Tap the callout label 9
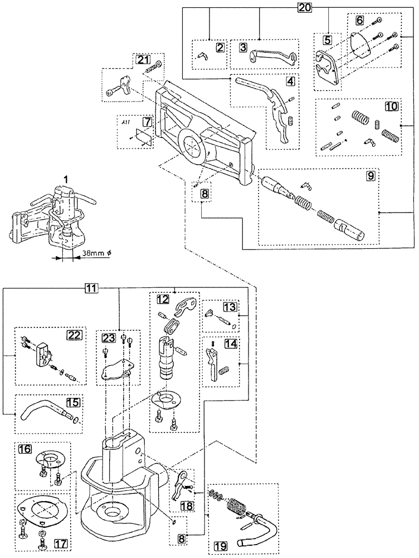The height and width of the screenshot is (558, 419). coord(370,176)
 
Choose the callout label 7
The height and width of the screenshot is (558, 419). coord(147,122)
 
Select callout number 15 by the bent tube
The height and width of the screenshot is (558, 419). coord(72,402)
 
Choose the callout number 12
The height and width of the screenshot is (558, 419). coord(162,299)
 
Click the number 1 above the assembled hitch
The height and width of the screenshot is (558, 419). coord(66,179)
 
